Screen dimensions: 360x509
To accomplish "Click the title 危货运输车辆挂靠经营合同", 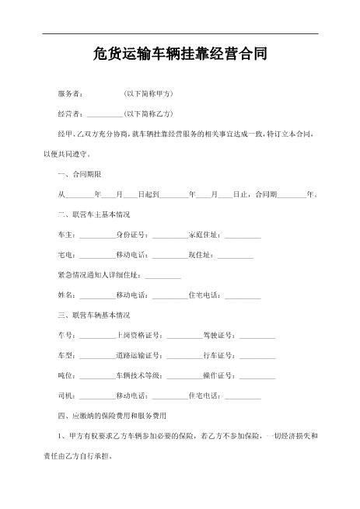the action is [180, 55].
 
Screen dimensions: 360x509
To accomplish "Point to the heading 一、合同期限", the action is [80, 174].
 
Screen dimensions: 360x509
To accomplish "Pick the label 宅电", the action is [67, 254].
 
